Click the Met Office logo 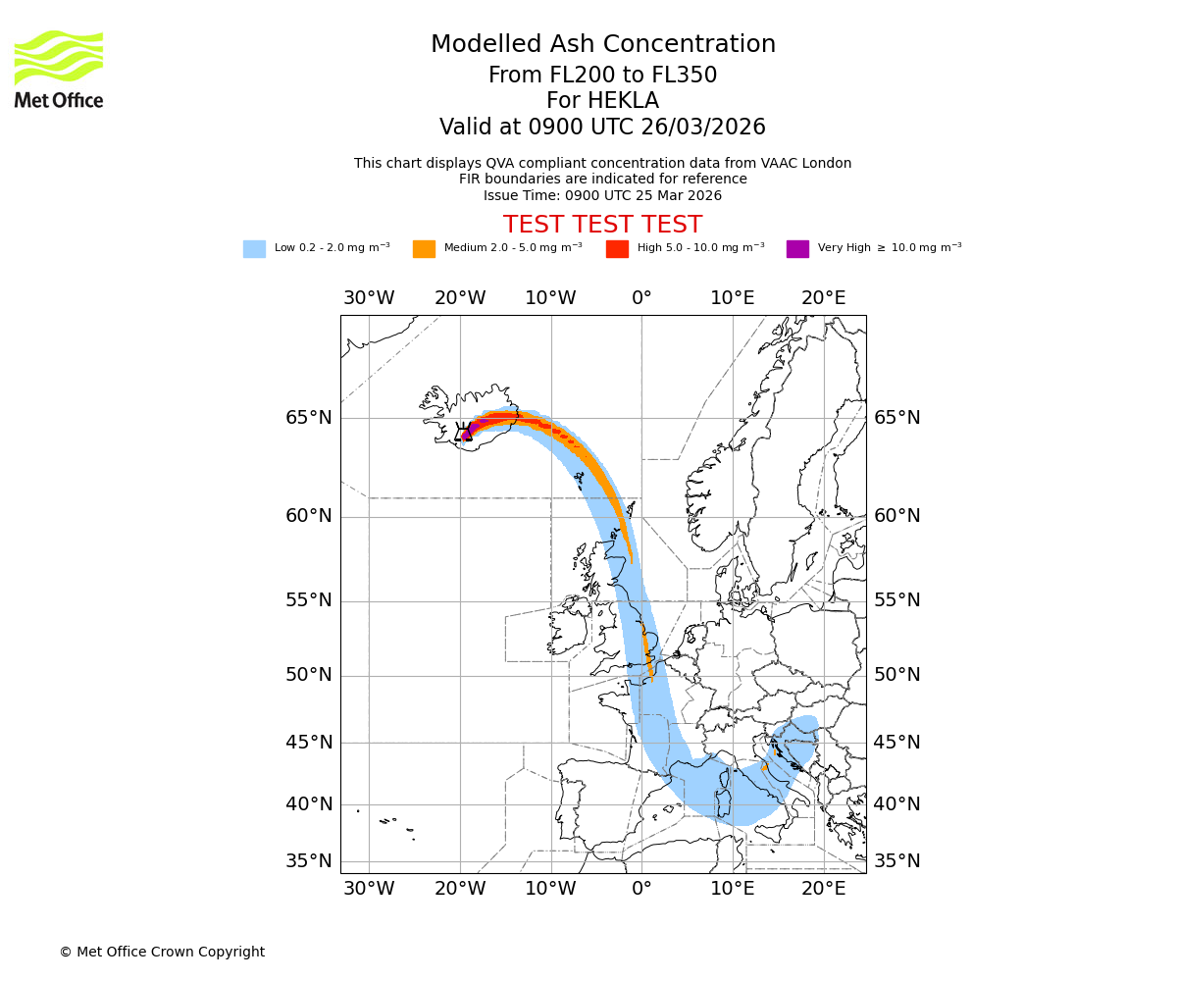[x=59, y=69]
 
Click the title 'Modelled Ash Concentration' [x=602, y=45]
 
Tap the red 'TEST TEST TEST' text [x=602, y=225]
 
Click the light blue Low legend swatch [x=254, y=249]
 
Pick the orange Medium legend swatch [x=424, y=249]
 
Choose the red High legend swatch [x=617, y=249]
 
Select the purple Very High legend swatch [x=797, y=249]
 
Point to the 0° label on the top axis [x=641, y=298]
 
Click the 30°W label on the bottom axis [x=369, y=889]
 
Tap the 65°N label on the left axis [x=309, y=418]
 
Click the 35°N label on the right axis [x=897, y=861]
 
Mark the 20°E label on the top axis [x=824, y=298]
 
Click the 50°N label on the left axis [x=309, y=675]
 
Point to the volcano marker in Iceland [x=465, y=433]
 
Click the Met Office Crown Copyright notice [x=162, y=952]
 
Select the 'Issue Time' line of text [x=602, y=195]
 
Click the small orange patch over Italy [x=764, y=766]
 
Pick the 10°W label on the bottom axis [x=550, y=889]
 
